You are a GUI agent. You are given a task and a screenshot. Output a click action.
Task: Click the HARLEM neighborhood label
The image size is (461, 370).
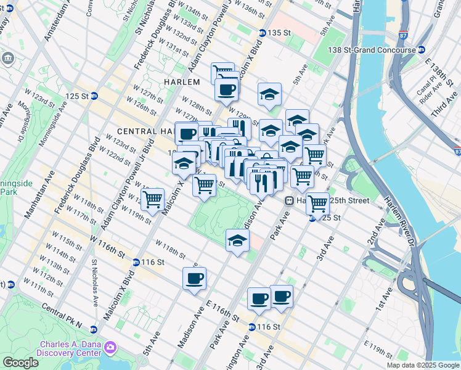tap(182, 82)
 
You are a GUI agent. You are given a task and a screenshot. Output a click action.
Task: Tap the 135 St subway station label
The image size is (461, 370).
tap(279, 33)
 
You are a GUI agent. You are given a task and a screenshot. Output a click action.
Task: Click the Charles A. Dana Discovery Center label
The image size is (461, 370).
tap(70, 348)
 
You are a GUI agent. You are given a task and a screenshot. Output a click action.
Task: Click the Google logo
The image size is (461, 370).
tap(20, 363)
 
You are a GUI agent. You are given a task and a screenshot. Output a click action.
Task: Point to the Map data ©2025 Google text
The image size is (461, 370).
tap(423, 365)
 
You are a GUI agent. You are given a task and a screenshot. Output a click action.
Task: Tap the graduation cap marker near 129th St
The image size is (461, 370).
tap(269, 94)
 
